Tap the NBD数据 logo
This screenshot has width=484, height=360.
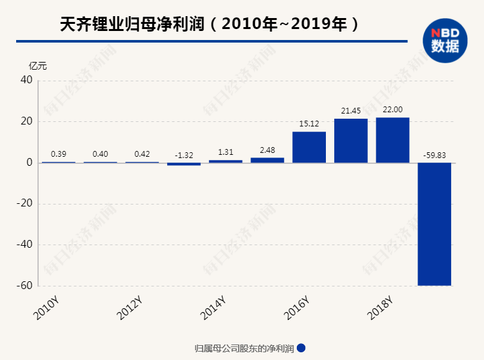point(445,40)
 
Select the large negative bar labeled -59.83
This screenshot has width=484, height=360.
point(434,223)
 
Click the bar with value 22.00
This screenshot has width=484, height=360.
point(392,140)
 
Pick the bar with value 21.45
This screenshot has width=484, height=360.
point(351,141)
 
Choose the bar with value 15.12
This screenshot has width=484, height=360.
point(309,147)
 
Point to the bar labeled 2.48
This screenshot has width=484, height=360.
point(267,160)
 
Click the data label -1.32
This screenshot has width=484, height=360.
point(184,155)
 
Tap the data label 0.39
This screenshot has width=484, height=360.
point(59,154)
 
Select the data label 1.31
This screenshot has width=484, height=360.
point(225,152)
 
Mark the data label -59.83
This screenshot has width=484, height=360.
point(434,155)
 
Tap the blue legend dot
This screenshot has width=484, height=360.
point(301,348)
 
